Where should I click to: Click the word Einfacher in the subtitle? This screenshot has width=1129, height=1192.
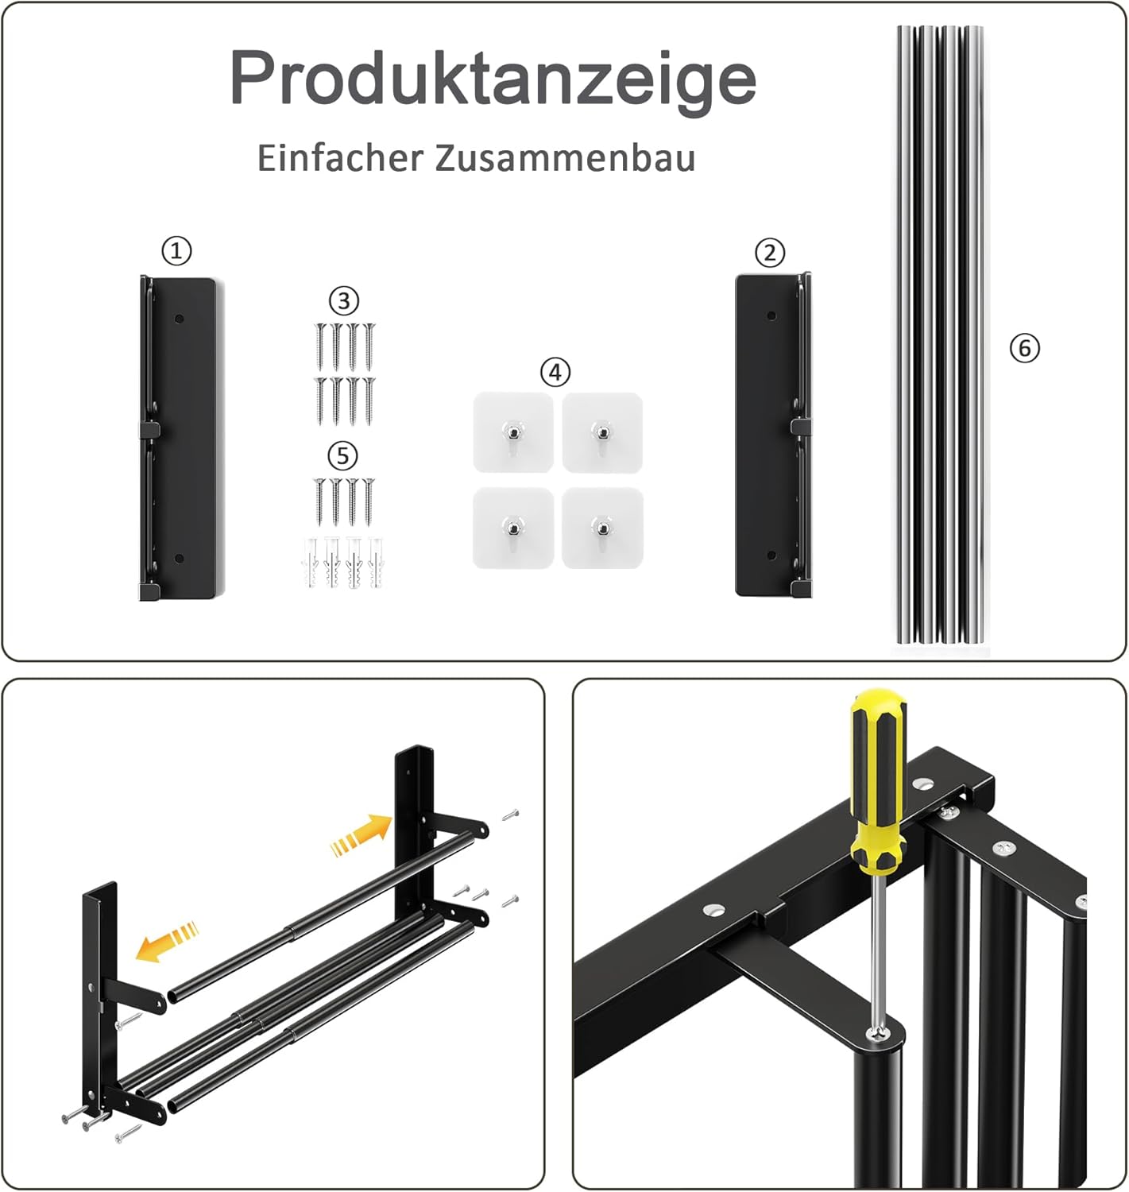coord(340,158)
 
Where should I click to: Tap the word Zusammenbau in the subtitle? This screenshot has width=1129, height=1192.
coord(565,158)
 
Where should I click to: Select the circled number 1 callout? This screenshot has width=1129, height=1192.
coord(176,250)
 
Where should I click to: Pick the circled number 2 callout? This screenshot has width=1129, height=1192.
coord(770,253)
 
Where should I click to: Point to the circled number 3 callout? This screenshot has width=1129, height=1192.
coord(344,300)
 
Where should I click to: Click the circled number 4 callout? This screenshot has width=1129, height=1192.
coord(555,372)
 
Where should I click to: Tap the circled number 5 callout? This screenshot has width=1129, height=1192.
coord(342,455)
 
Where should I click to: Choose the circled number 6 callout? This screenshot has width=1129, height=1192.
coord(1025,348)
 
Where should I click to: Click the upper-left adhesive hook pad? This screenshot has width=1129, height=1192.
coord(513,432)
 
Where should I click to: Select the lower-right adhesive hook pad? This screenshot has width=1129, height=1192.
coord(602,528)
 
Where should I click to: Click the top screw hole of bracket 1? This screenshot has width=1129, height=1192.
coord(179,319)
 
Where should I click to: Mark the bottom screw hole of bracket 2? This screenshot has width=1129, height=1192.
coord(771,555)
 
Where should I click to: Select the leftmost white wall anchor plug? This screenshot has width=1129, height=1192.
coord(310,562)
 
